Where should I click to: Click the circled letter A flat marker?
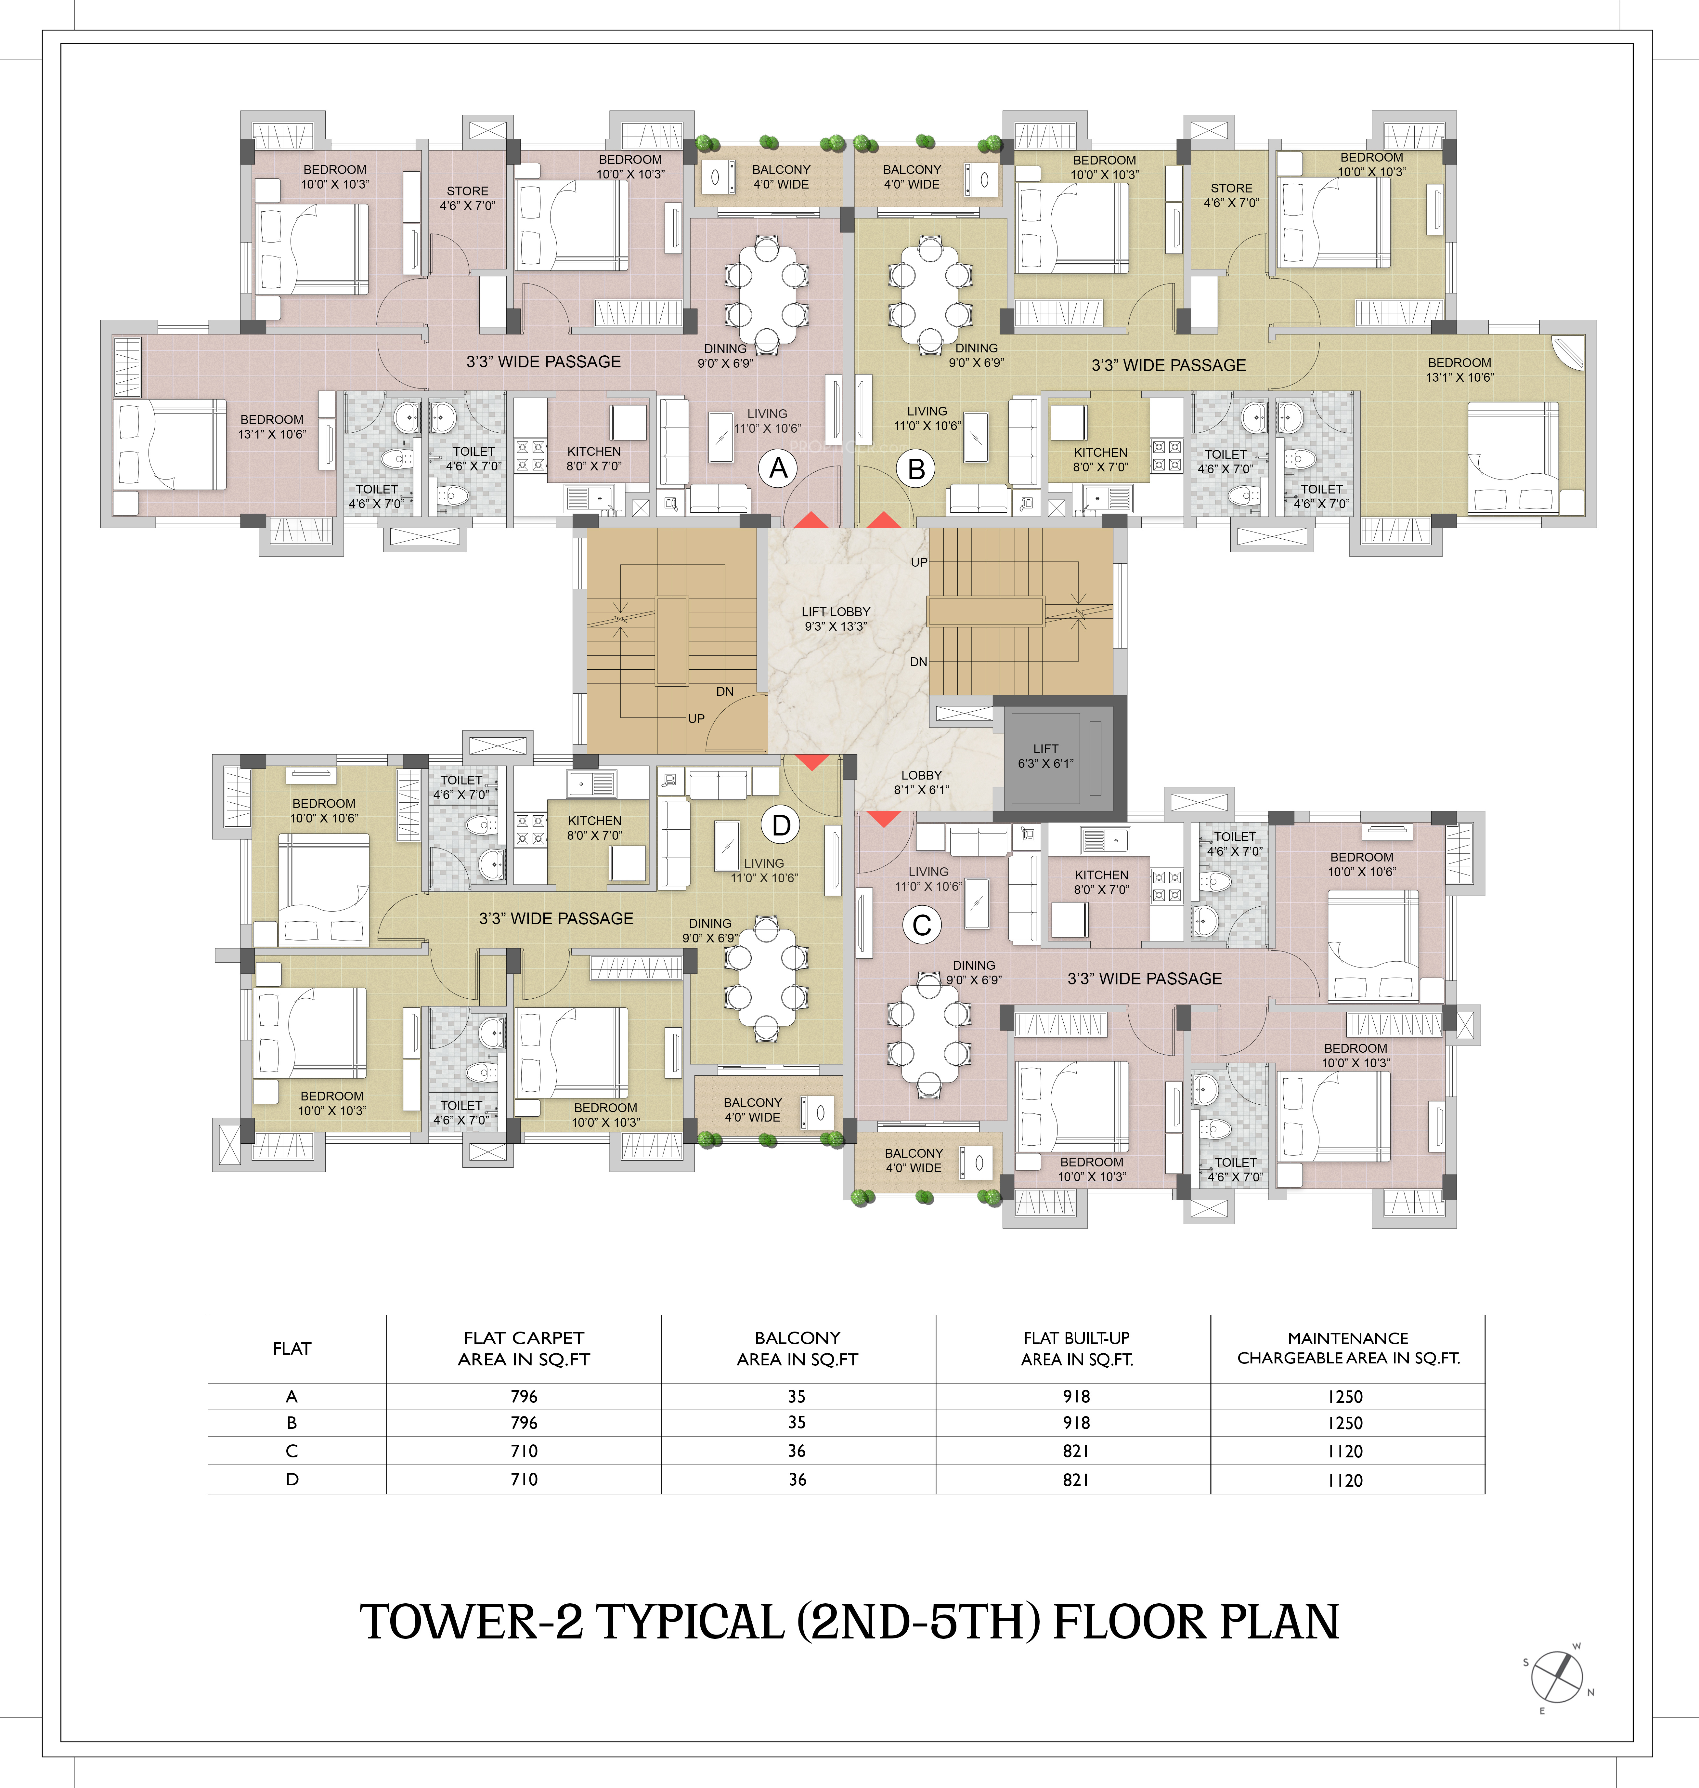(x=778, y=468)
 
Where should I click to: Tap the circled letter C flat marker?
(x=922, y=925)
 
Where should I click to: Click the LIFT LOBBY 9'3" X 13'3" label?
(x=835, y=619)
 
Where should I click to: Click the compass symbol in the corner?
(x=1557, y=1676)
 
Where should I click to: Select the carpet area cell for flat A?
(x=524, y=1396)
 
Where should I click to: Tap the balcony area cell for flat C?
(x=797, y=1450)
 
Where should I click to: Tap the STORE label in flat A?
(x=467, y=191)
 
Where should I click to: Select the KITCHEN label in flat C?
(x=1101, y=875)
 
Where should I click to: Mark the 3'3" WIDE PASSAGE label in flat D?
(x=556, y=918)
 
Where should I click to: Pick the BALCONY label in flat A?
(x=781, y=169)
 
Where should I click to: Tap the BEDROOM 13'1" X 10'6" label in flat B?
(x=1460, y=370)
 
